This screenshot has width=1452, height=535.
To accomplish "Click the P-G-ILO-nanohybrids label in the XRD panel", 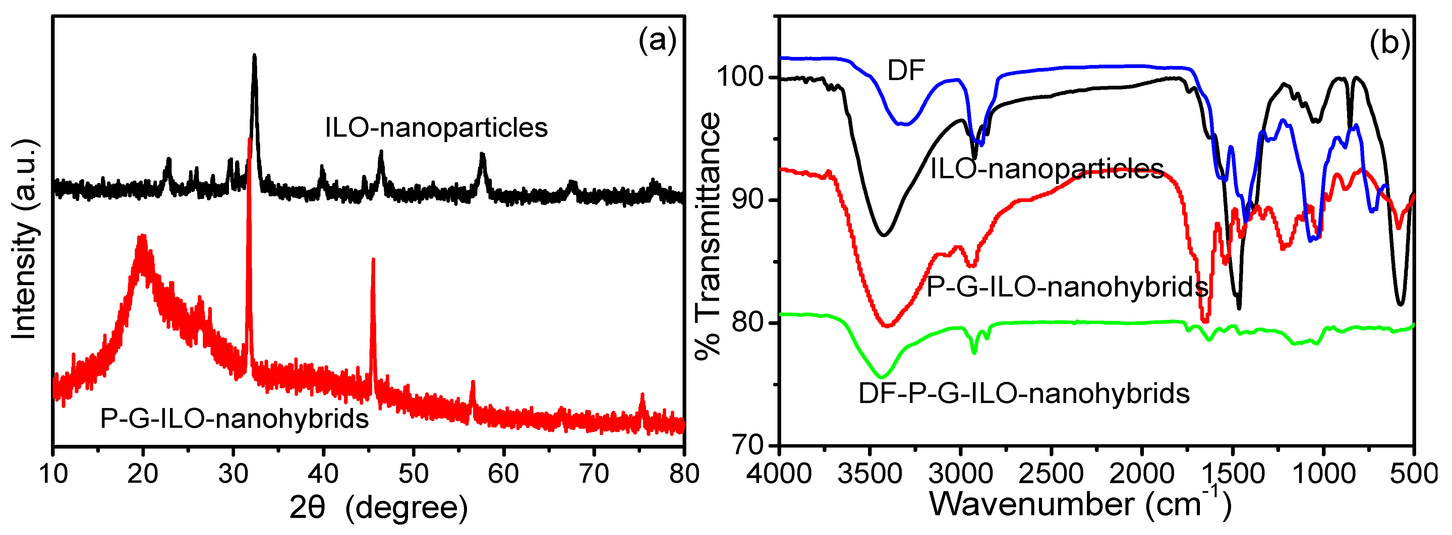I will (234, 418).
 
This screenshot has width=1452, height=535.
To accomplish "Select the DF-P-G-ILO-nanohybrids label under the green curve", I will (1024, 393).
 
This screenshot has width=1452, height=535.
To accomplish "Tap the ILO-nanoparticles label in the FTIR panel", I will (1047, 169).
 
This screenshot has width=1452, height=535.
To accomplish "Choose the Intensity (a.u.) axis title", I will (24, 239).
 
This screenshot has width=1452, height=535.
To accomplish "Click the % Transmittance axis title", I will (707, 236).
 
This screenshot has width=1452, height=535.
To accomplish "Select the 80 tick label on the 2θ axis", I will (684, 474).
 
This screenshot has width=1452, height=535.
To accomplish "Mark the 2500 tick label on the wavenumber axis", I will (1051, 474).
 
